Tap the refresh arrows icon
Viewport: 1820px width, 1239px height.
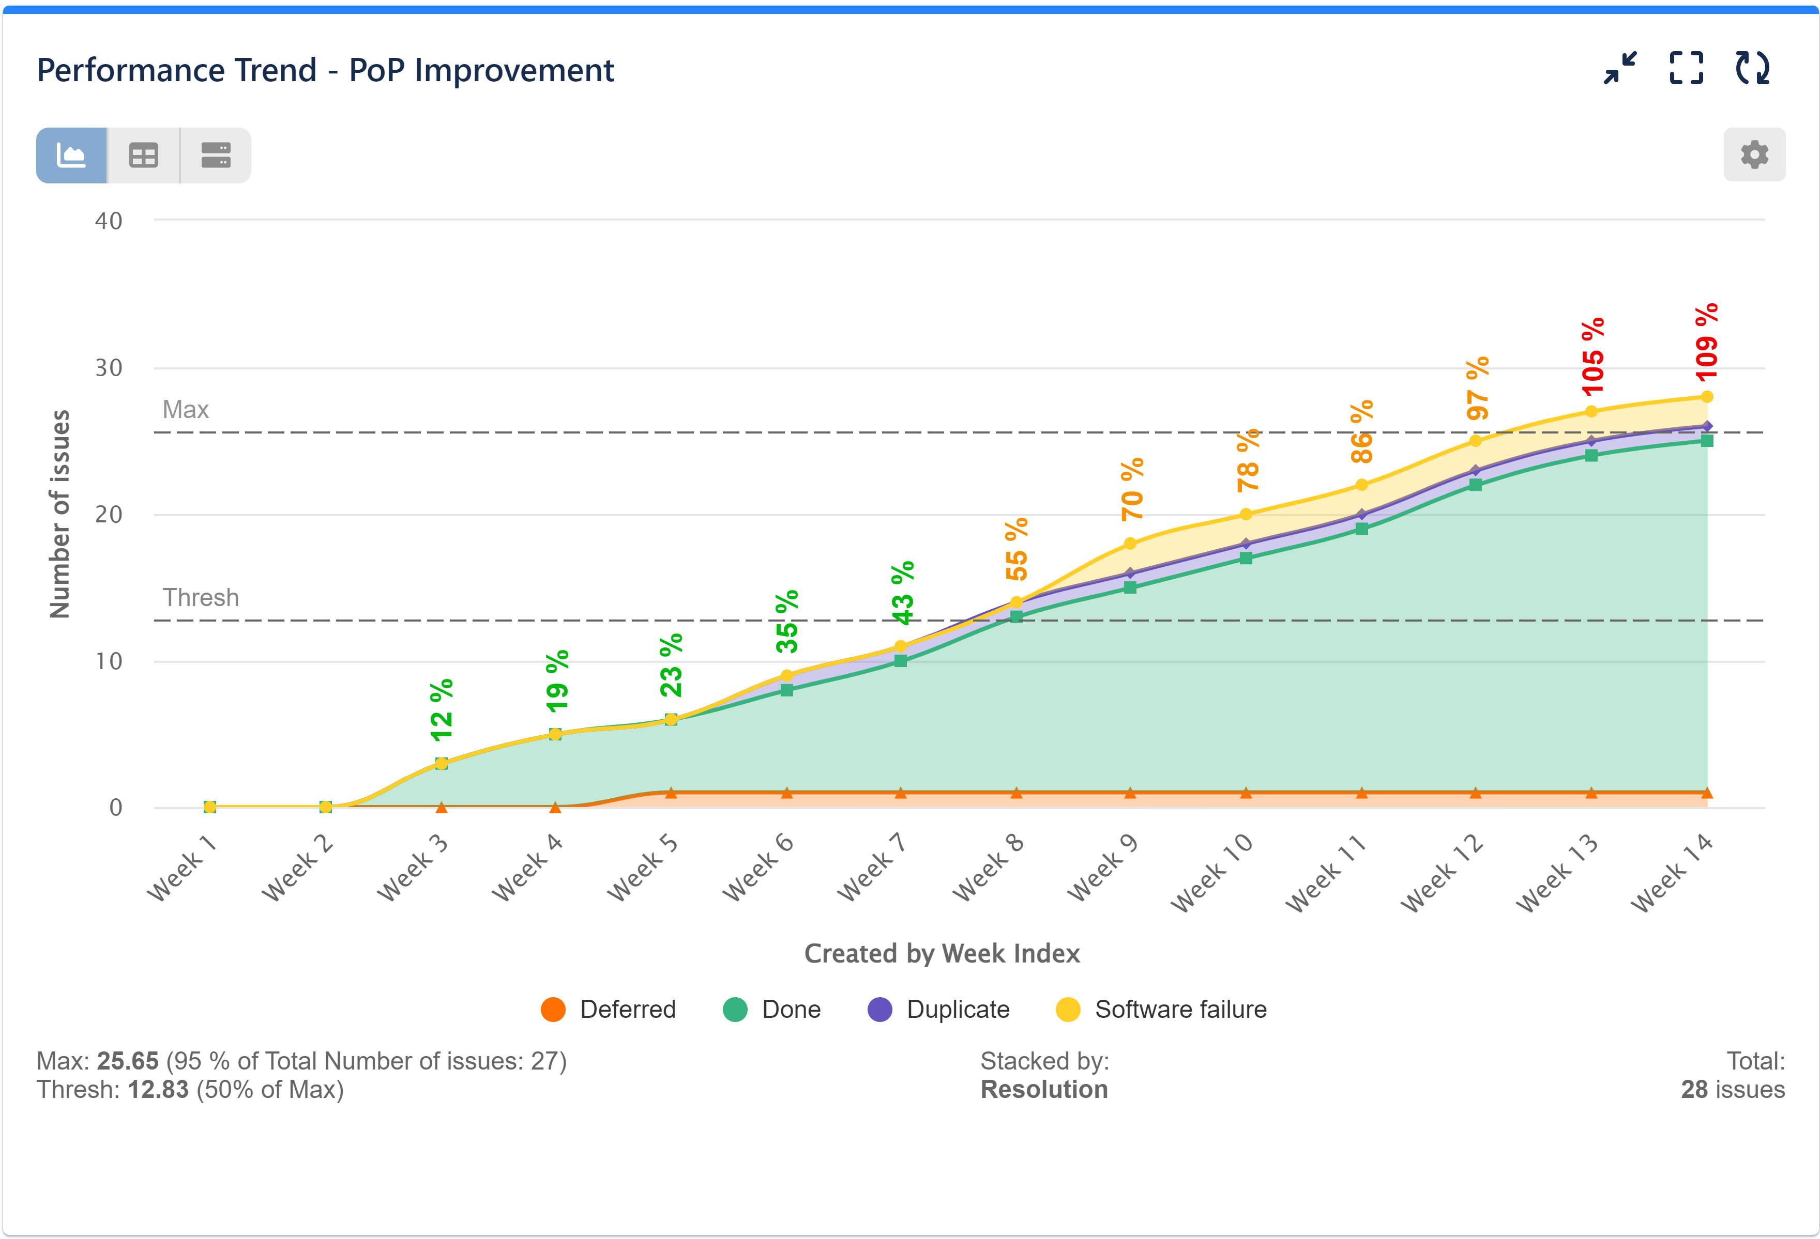tap(1752, 68)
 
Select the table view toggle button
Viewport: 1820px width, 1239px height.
tap(143, 155)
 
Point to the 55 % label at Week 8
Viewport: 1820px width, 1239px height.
tap(1015, 549)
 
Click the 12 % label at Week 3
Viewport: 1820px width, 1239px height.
tap(441, 710)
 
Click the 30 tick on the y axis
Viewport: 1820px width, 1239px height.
tap(109, 368)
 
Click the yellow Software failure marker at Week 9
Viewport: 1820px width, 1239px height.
tap(1129, 543)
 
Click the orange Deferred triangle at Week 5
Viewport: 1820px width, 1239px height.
tap(671, 793)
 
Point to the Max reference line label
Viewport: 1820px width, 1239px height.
tap(186, 409)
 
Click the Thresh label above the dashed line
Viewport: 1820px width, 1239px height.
tap(201, 597)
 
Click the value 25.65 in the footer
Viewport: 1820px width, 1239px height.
tap(128, 1061)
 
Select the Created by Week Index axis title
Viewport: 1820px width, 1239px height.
tap(942, 953)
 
